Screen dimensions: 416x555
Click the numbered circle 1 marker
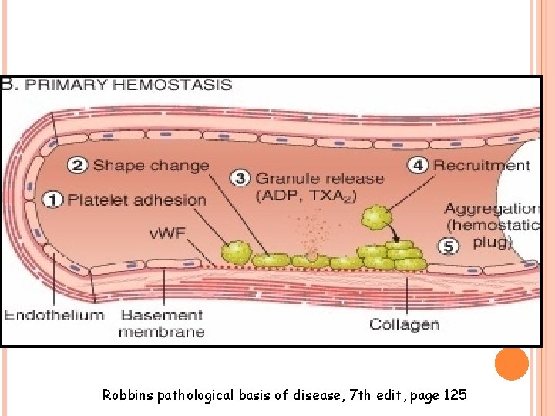[52, 200]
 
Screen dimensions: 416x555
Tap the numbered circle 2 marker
[78, 165]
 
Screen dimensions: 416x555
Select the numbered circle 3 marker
[241, 179]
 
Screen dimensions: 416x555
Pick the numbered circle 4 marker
[417, 165]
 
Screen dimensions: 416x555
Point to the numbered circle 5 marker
[449, 244]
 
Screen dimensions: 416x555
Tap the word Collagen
[404, 324]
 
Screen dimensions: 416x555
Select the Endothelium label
[54, 314]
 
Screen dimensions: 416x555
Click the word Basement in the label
[162, 314]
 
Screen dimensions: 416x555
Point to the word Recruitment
[482, 165]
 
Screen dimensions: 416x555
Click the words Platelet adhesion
[137, 200]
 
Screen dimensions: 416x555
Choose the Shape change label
[151, 165]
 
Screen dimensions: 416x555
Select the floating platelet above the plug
[376, 218]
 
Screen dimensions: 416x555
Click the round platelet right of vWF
[236, 252]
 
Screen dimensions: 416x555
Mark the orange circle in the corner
[512, 364]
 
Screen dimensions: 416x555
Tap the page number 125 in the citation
[456, 396]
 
